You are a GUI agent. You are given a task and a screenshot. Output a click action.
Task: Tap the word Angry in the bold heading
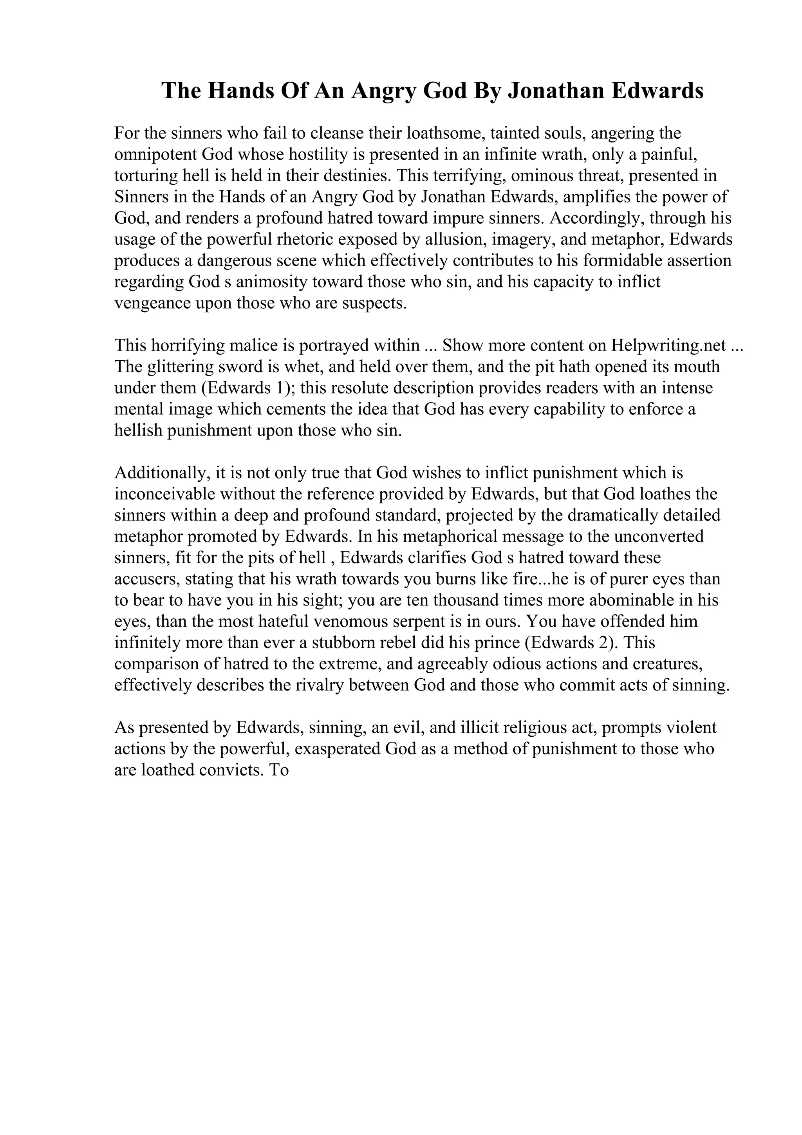[x=383, y=92]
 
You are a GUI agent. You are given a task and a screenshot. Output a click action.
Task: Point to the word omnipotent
[x=156, y=154]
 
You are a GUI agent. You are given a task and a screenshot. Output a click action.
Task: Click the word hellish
[x=138, y=430]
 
